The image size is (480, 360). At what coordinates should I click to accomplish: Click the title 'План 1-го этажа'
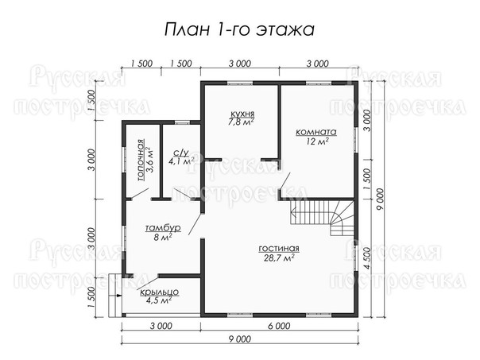[x=239, y=29]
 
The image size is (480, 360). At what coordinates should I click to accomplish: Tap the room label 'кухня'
[x=242, y=114]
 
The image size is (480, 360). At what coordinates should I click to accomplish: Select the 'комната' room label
[x=316, y=132]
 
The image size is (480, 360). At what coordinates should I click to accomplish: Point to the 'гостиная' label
[x=279, y=249]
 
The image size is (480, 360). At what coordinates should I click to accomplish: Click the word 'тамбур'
[x=163, y=228]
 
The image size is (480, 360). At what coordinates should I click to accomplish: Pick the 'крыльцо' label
[x=159, y=292]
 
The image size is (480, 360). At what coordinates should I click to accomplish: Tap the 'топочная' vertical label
[x=141, y=160]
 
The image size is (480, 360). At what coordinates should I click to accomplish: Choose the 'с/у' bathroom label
[x=181, y=153]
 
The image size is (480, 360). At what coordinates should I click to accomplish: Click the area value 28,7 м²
[x=279, y=258]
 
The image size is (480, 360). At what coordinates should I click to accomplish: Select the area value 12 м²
[x=317, y=141]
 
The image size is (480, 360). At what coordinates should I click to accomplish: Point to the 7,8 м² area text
[x=242, y=122]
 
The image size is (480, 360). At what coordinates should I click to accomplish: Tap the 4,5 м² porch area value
[x=159, y=300]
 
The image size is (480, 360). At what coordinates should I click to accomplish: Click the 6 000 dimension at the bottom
[x=279, y=327]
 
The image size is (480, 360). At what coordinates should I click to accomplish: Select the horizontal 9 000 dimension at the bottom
[x=240, y=339]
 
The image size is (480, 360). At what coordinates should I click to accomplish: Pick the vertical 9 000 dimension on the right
[x=380, y=199]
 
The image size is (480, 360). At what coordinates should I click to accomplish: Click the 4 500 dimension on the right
[x=367, y=258]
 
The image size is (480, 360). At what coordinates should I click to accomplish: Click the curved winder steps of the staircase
[x=343, y=218]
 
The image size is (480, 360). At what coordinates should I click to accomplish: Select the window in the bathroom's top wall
[x=182, y=122]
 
